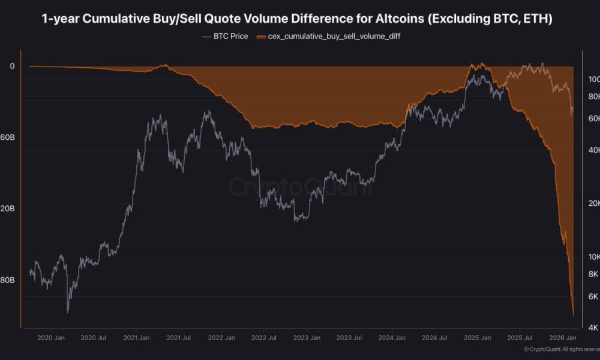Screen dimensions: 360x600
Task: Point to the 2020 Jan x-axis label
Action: point(51,338)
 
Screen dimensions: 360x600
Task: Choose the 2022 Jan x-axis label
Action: point(222,338)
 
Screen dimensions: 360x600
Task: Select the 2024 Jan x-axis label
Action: point(392,338)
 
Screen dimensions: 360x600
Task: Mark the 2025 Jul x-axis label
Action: point(520,338)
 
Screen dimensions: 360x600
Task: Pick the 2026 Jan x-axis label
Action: point(563,338)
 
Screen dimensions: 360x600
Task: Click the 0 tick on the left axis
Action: point(12,66)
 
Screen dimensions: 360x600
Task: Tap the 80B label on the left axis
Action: point(8,280)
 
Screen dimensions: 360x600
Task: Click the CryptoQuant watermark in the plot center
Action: point(300,187)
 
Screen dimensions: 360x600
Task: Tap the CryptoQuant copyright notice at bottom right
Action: point(561,349)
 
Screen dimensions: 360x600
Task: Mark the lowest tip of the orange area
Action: point(574,315)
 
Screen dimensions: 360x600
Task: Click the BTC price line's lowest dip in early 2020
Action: point(67,311)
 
